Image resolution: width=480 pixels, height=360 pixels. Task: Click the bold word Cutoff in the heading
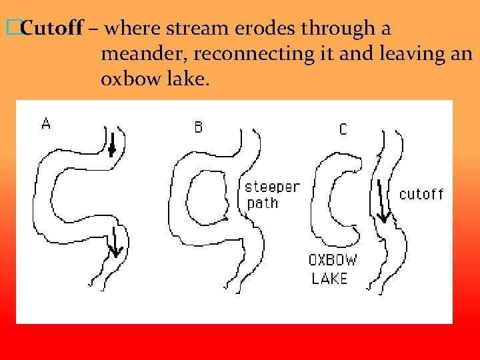[52, 29]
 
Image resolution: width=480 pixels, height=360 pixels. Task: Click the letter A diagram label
[45, 123]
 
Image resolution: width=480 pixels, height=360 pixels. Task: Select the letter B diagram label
[199, 127]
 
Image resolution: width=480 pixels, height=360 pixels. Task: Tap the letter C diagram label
[343, 129]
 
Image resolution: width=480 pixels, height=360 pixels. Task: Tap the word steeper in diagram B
[273, 187]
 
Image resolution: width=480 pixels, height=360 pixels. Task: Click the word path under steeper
[263, 203]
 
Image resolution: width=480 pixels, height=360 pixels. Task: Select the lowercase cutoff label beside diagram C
[421, 194]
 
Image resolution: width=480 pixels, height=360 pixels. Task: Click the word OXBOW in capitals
[333, 261]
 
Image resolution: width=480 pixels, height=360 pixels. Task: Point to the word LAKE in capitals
[329, 278]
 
